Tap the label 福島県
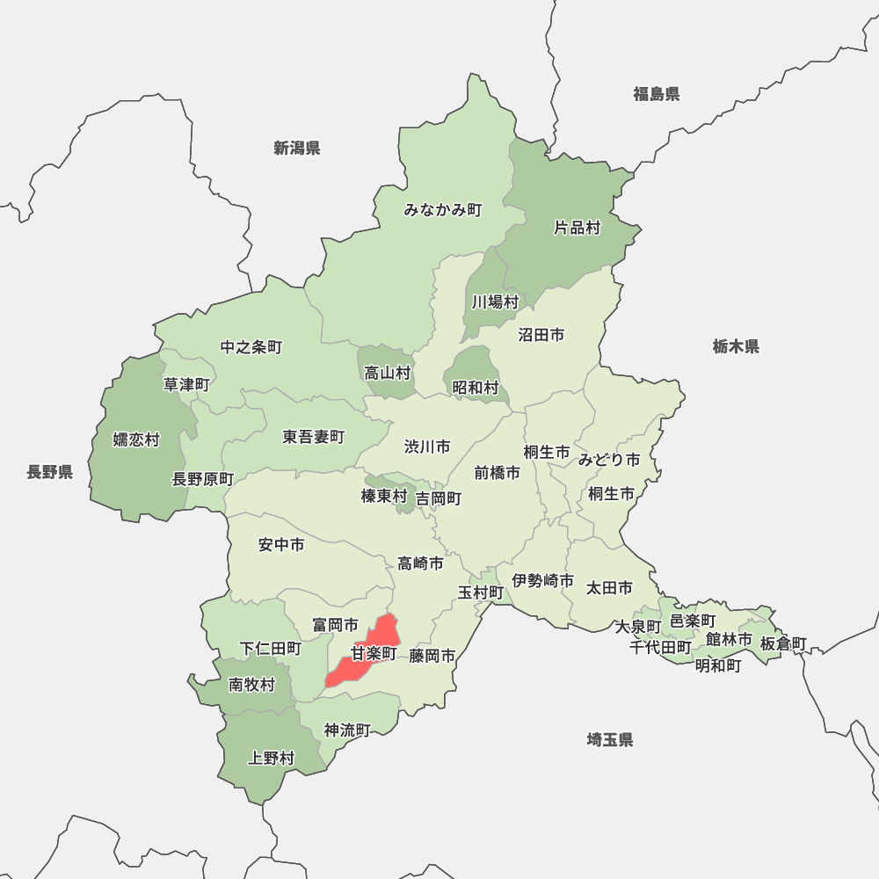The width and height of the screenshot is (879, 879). (657, 94)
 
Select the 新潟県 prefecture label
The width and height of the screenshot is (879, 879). (297, 148)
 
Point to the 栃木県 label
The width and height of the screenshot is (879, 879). (736, 346)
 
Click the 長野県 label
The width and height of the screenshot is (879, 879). (49, 472)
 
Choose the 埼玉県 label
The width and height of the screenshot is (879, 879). (610, 739)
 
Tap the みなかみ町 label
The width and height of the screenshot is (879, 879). (443, 210)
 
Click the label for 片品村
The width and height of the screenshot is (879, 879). (577, 228)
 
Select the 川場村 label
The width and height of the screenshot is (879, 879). (495, 301)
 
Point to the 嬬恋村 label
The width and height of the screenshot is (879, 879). (136, 439)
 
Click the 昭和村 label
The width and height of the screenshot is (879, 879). (476, 387)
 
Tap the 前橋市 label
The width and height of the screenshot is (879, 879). (497, 472)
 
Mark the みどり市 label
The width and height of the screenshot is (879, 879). (609, 459)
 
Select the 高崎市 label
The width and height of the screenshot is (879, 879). (420, 563)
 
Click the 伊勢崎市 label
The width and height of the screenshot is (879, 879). (543, 580)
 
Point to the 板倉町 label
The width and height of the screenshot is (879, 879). (783, 643)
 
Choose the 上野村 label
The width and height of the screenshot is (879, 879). (272, 758)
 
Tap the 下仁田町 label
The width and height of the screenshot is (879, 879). (271, 648)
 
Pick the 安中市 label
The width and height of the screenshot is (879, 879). (281, 545)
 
